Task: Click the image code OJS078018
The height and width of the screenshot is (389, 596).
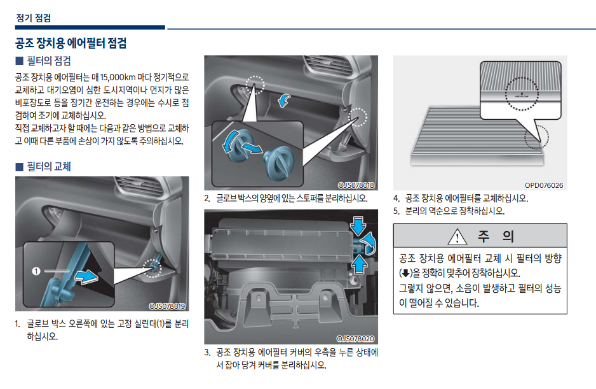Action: [356, 185]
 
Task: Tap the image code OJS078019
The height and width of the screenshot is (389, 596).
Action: [167, 306]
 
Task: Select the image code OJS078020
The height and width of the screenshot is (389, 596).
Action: [356, 339]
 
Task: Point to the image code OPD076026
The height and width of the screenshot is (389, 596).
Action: [544, 185]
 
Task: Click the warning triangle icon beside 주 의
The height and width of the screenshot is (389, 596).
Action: [457, 237]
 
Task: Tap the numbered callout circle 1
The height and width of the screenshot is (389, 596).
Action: [36, 271]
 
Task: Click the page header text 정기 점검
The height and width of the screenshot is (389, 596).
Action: [34, 18]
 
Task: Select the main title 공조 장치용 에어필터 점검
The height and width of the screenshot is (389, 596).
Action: [71, 43]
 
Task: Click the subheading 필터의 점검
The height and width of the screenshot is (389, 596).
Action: [49, 61]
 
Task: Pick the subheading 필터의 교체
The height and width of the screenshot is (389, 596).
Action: [49, 167]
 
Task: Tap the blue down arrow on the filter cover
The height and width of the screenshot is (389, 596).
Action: [358, 225]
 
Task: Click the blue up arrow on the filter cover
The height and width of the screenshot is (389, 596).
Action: [359, 264]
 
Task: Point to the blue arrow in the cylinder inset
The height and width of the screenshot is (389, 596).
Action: [86, 276]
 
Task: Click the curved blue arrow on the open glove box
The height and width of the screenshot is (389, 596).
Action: [283, 100]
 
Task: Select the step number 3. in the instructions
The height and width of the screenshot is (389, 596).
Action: [207, 353]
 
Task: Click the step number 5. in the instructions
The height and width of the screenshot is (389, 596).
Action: [396, 211]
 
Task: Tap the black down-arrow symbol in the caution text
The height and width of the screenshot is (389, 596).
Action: [405, 273]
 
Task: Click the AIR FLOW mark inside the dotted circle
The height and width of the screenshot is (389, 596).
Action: [522, 95]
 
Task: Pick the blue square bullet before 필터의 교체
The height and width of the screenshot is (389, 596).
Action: [20, 167]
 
